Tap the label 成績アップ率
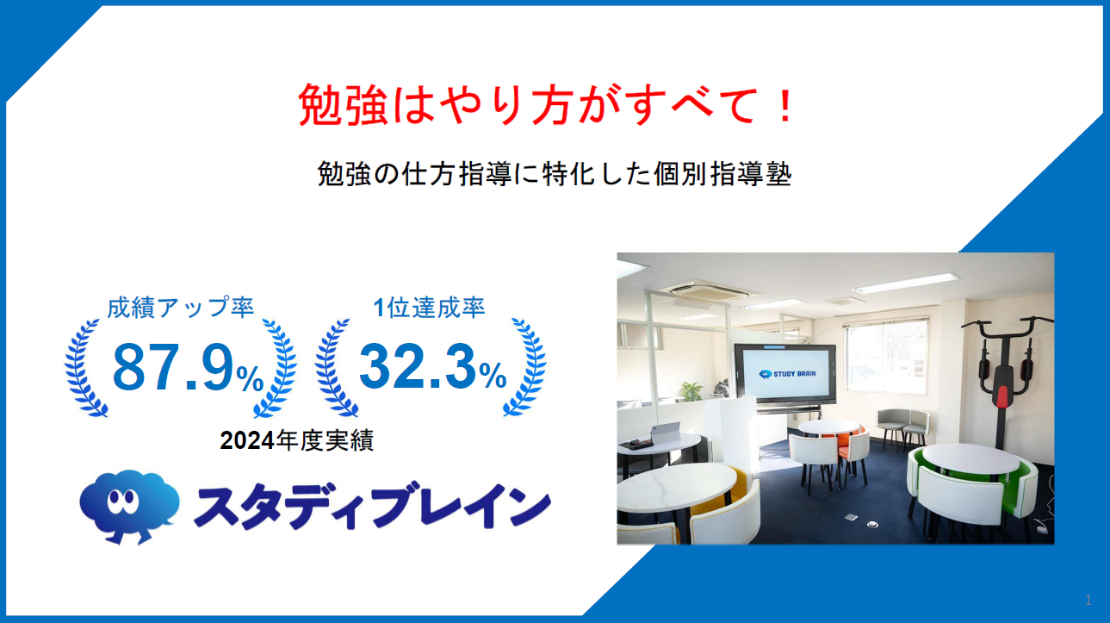181,308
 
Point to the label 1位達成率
430,308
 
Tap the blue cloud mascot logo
128,505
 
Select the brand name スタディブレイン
370,508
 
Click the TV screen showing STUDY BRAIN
784,375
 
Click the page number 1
1088,600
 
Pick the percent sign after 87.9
251,377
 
